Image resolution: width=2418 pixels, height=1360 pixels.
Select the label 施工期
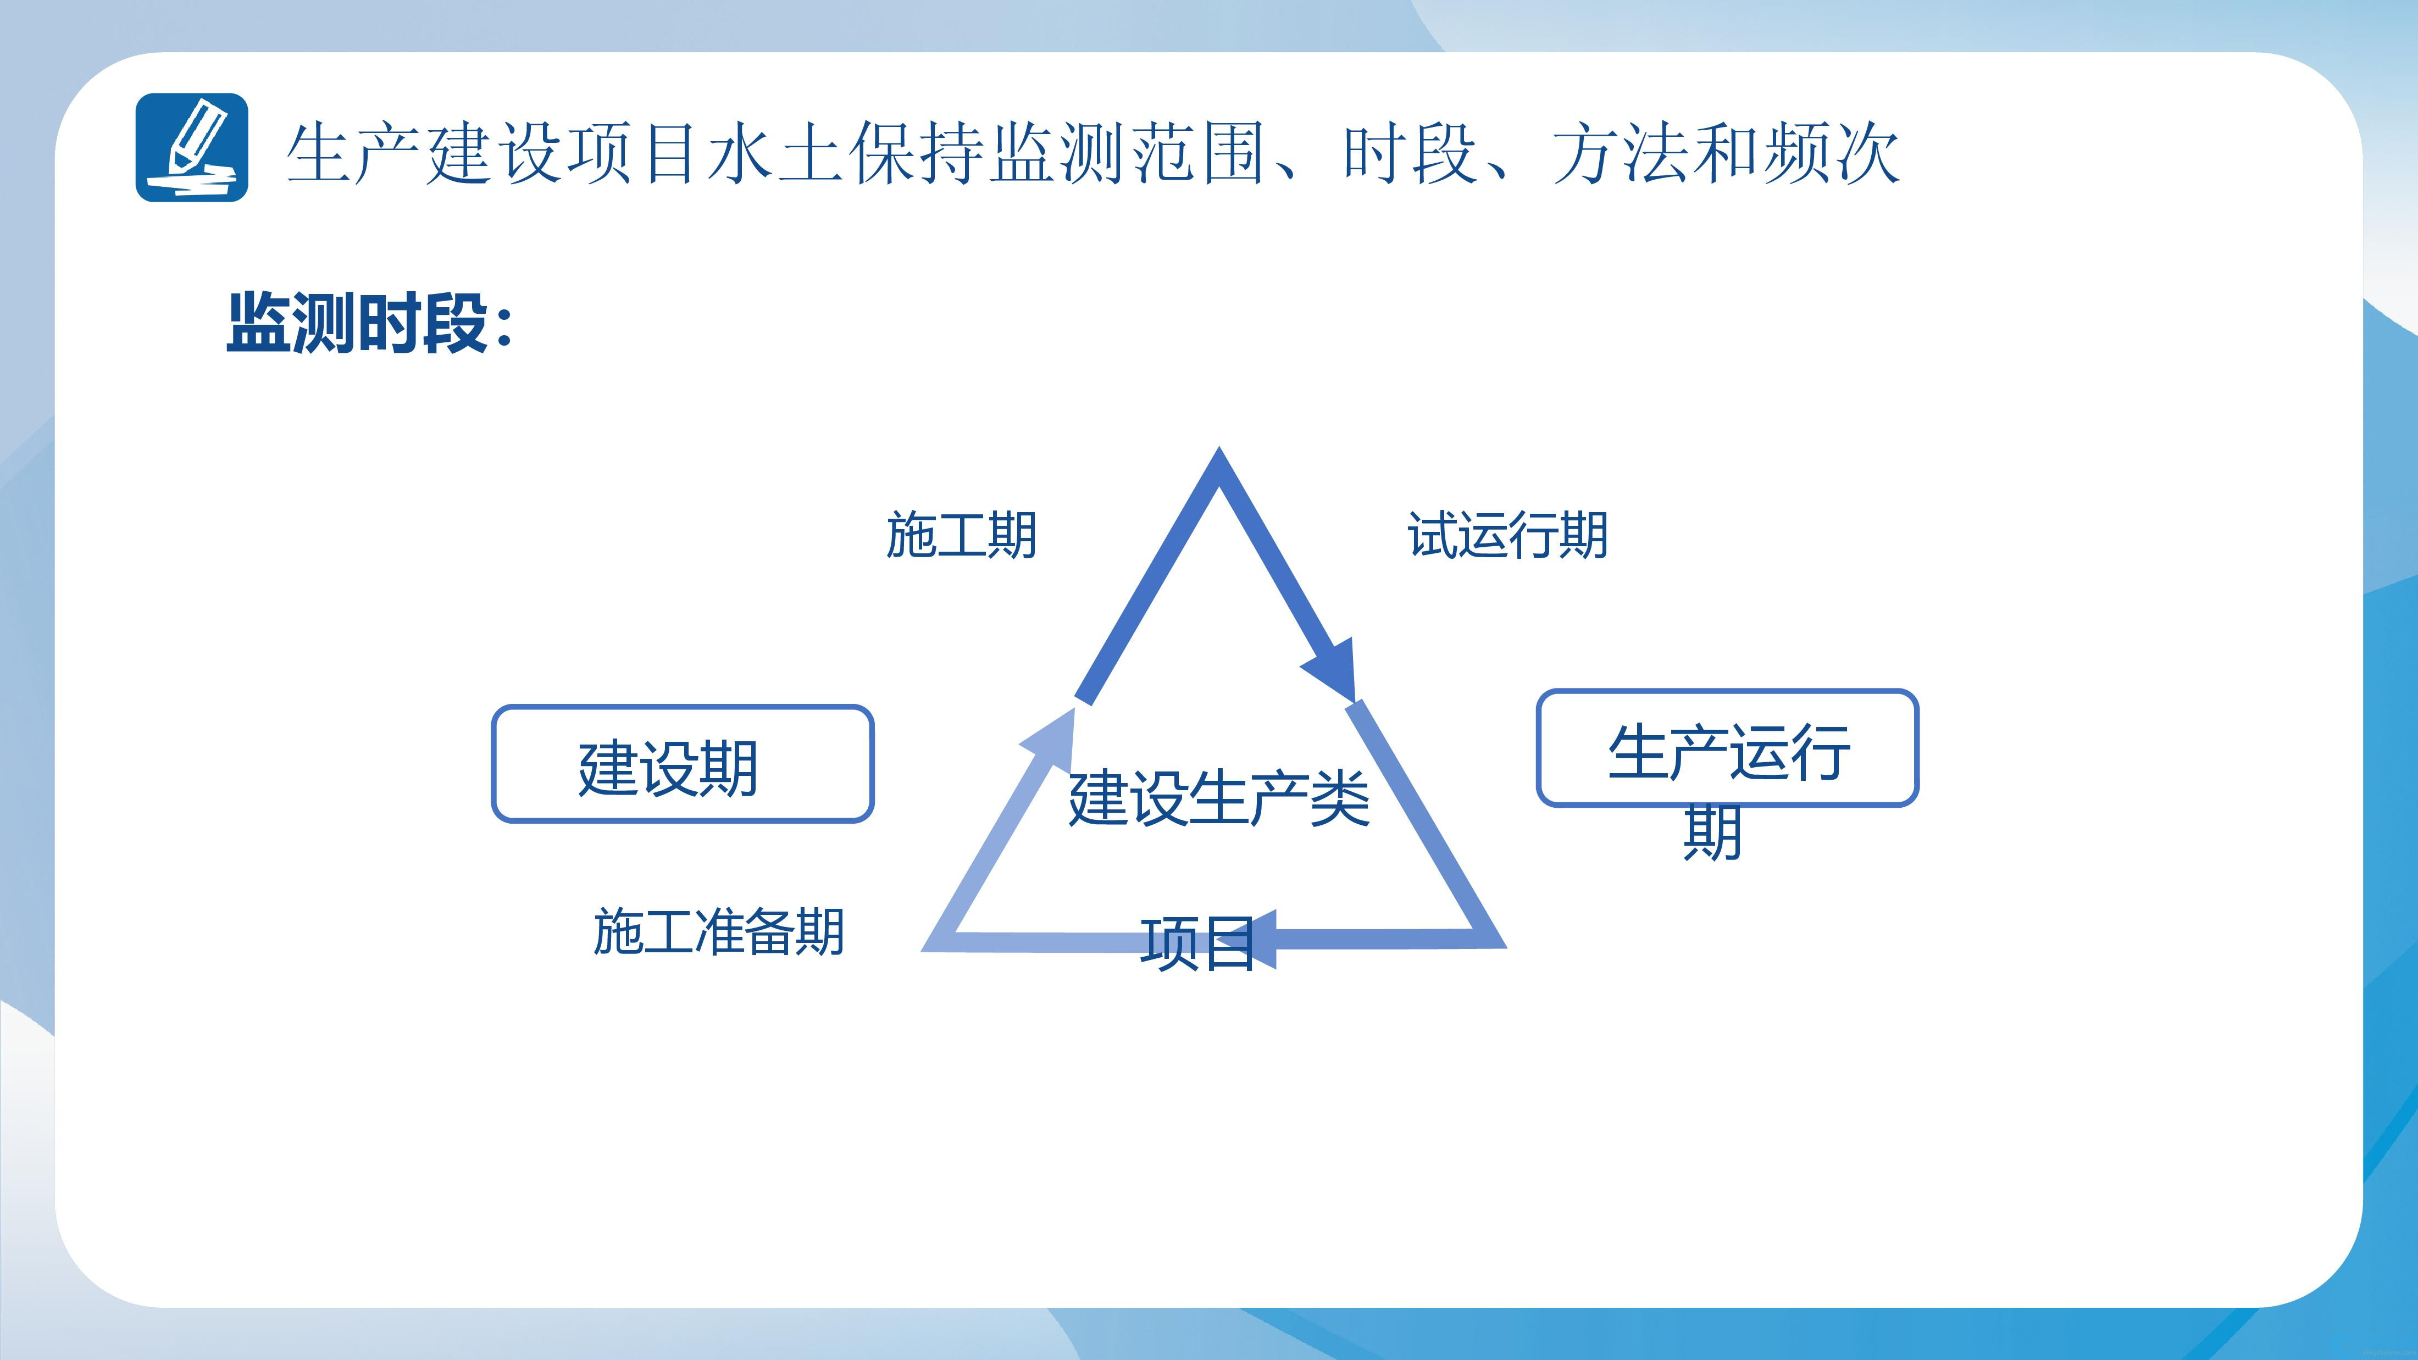pyautogui.click(x=961, y=536)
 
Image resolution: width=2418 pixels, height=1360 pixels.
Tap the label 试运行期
pyautogui.click(x=1507, y=536)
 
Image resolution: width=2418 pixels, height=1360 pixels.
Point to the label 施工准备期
pyautogui.click(x=719, y=932)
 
